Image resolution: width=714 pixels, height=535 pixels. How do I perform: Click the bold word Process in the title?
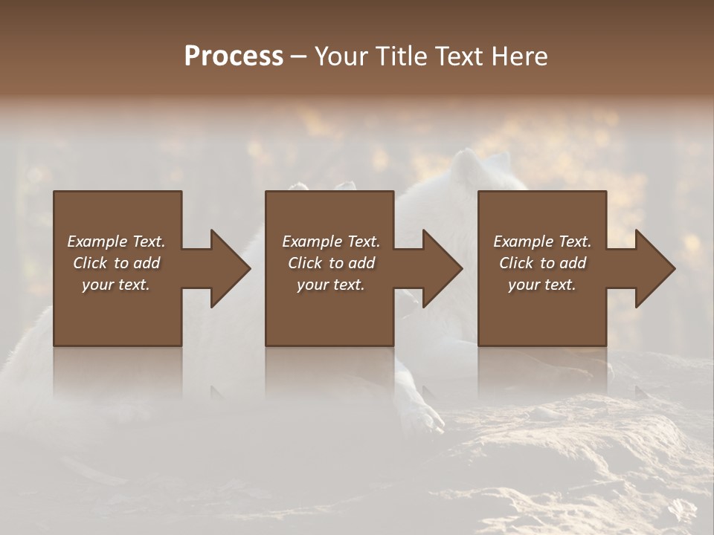pyautogui.click(x=234, y=56)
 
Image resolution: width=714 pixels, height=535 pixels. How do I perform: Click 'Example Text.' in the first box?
pyautogui.click(x=116, y=241)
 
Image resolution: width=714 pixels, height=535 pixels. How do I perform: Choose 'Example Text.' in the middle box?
pyautogui.click(x=331, y=241)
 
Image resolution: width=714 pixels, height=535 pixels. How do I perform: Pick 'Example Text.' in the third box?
pyautogui.click(x=542, y=241)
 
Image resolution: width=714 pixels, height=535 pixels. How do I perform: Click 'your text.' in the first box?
pyautogui.click(x=116, y=285)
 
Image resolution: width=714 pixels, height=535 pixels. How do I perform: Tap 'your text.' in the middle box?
pyautogui.click(x=331, y=285)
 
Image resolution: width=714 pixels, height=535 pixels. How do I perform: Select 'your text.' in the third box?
pyautogui.click(x=542, y=285)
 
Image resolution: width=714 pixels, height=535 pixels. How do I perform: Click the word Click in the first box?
pyautogui.click(x=90, y=263)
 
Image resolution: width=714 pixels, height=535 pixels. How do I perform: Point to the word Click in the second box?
pyautogui.click(x=305, y=263)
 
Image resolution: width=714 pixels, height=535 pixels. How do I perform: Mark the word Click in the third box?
pyautogui.click(x=516, y=263)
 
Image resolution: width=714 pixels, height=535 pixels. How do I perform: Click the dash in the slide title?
pyautogui.click(x=298, y=56)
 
